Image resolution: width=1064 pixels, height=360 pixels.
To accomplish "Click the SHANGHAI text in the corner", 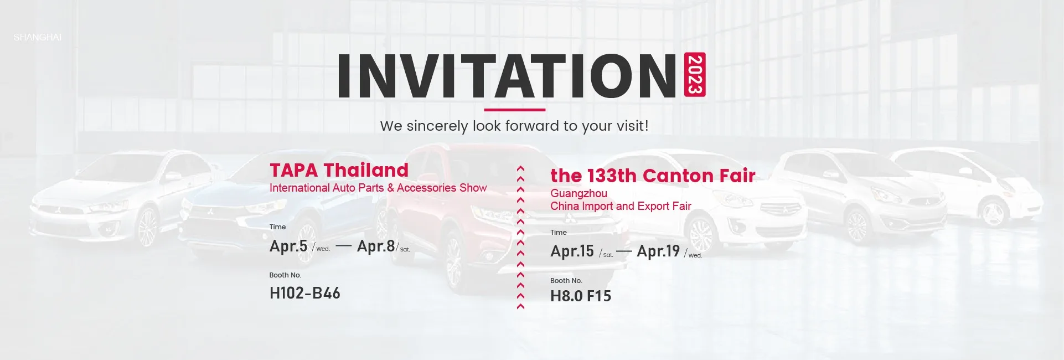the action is point(38,37).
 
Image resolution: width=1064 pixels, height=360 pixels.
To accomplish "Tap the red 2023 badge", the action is point(695,75).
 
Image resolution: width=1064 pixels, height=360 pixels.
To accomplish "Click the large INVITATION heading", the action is point(507,76).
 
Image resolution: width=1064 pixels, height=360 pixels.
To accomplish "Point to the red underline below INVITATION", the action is point(515,110).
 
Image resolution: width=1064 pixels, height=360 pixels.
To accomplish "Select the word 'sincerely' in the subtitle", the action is point(437,126).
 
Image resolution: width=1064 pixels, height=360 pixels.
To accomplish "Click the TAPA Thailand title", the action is point(339,170).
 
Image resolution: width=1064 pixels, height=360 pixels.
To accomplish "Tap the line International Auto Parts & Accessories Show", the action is point(378,188).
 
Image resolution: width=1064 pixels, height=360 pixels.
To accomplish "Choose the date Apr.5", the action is point(288,246).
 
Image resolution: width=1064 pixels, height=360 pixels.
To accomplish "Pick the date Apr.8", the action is point(376,246).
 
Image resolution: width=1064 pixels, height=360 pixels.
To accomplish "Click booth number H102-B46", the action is point(305,293).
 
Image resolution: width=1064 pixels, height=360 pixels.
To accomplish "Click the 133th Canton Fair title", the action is point(653,176).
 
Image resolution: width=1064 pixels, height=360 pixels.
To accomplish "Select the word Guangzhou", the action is point(579,193).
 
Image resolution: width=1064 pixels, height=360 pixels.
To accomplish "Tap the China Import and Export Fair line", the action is point(621,206).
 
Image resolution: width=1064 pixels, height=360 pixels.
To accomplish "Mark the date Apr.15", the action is point(572,251).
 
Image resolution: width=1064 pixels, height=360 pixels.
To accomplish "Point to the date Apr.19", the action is point(658,251).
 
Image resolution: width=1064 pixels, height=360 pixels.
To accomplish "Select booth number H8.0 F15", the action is point(581,296).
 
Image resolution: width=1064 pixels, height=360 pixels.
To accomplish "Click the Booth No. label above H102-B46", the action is point(285,275).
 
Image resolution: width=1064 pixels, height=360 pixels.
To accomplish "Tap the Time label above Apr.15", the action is point(559,233).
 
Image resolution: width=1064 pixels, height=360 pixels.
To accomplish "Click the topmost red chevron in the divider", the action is point(520,168).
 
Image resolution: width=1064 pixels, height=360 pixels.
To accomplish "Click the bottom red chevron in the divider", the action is point(520,306).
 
